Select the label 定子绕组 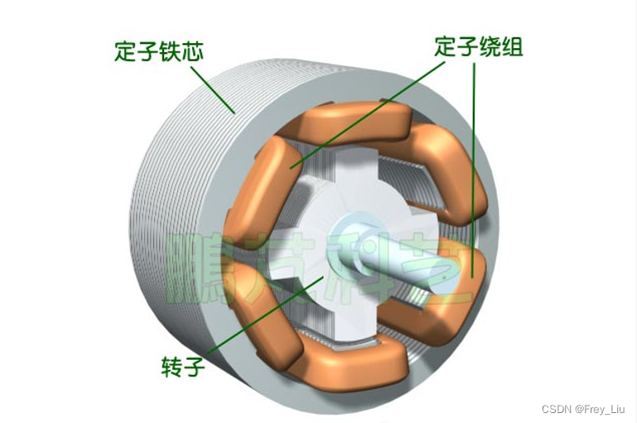tap(479, 47)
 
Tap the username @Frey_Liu tap(601, 410)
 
